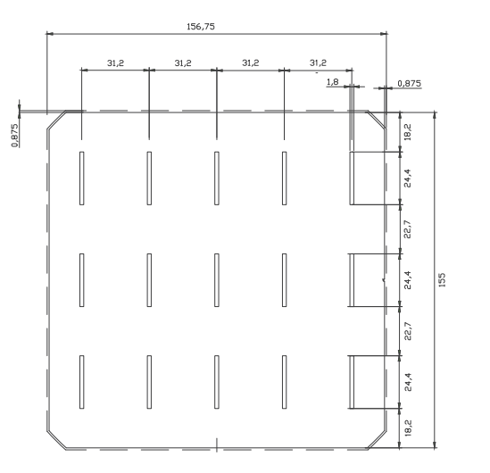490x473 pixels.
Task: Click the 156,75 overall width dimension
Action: click(x=201, y=27)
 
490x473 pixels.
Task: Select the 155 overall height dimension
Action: click(x=442, y=280)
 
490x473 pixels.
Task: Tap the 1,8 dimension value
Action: click(x=333, y=82)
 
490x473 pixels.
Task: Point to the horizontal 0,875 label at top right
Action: click(x=409, y=83)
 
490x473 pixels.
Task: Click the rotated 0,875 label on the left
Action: click(x=14, y=136)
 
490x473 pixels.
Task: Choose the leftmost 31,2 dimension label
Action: click(x=115, y=63)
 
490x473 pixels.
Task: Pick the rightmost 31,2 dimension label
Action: click(x=318, y=63)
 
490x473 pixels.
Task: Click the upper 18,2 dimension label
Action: click(x=408, y=132)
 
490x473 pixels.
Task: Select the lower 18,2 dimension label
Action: click(x=408, y=427)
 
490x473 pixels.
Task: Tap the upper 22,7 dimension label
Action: click(x=408, y=229)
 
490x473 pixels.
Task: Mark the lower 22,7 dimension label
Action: click(x=408, y=331)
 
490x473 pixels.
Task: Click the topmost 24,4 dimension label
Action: click(x=408, y=178)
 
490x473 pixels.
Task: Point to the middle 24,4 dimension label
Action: click(x=408, y=280)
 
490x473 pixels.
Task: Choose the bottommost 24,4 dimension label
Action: click(x=408, y=382)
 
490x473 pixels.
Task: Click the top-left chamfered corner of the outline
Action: click(x=56, y=120)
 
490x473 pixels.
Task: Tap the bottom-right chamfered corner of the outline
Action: click(x=377, y=440)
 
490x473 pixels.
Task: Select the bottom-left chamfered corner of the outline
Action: click(x=56, y=440)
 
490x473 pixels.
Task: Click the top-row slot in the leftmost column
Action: click(x=81, y=178)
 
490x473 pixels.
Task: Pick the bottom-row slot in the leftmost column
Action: click(x=81, y=382)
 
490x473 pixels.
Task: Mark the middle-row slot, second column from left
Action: click(x=149, y=280)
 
